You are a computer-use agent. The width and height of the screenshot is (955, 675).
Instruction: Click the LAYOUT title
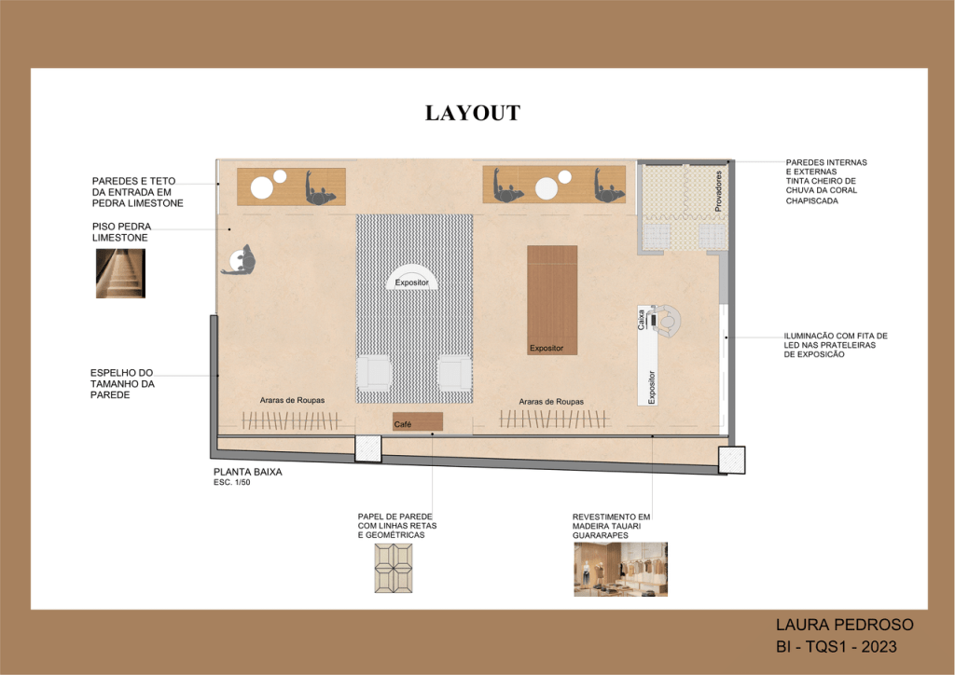click(x=473, y=113)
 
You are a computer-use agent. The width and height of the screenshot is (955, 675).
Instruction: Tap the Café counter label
click(x=403, y=424)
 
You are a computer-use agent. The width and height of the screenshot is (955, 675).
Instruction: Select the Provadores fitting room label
click(x=718, y=191)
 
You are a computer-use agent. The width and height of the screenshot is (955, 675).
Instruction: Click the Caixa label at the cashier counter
click(x=641, y=320)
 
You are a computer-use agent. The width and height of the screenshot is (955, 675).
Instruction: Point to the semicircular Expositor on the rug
click(x=411, y=277)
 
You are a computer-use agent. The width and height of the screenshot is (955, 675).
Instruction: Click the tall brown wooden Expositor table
click(x=552, y=300)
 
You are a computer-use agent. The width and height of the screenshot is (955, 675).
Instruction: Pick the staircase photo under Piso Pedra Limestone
click(x=120, y=273)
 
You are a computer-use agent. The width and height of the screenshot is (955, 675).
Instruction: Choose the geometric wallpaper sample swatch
click(x=394, y=568)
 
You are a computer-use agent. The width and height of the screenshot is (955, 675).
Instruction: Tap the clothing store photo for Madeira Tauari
click(x=620, y=569)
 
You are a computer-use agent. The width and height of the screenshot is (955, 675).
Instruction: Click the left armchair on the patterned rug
click(x=373, y=372)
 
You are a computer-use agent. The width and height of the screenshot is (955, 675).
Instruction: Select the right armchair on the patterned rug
click(x=454, y=372)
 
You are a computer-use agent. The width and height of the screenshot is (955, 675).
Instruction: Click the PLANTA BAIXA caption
click(x=247, y=472)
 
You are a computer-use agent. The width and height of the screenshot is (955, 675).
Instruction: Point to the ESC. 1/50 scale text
click(x=231, y=482)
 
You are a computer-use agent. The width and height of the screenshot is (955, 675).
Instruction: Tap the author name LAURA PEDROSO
click(x=845, y=625)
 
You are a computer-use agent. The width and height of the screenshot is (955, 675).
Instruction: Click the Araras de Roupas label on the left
click(x=292, y=400)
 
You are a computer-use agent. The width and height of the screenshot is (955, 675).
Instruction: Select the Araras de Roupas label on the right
click(x=551, y=402)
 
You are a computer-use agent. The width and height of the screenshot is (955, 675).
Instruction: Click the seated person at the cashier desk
click(x=666, y=321)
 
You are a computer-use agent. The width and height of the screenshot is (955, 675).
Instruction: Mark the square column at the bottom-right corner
click(x=731, y=460)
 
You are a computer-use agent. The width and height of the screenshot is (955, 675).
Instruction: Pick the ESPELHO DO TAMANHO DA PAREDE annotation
click(x=122, y=383)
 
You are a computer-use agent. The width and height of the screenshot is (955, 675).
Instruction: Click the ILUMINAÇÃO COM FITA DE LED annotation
click(x=836, y=345)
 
